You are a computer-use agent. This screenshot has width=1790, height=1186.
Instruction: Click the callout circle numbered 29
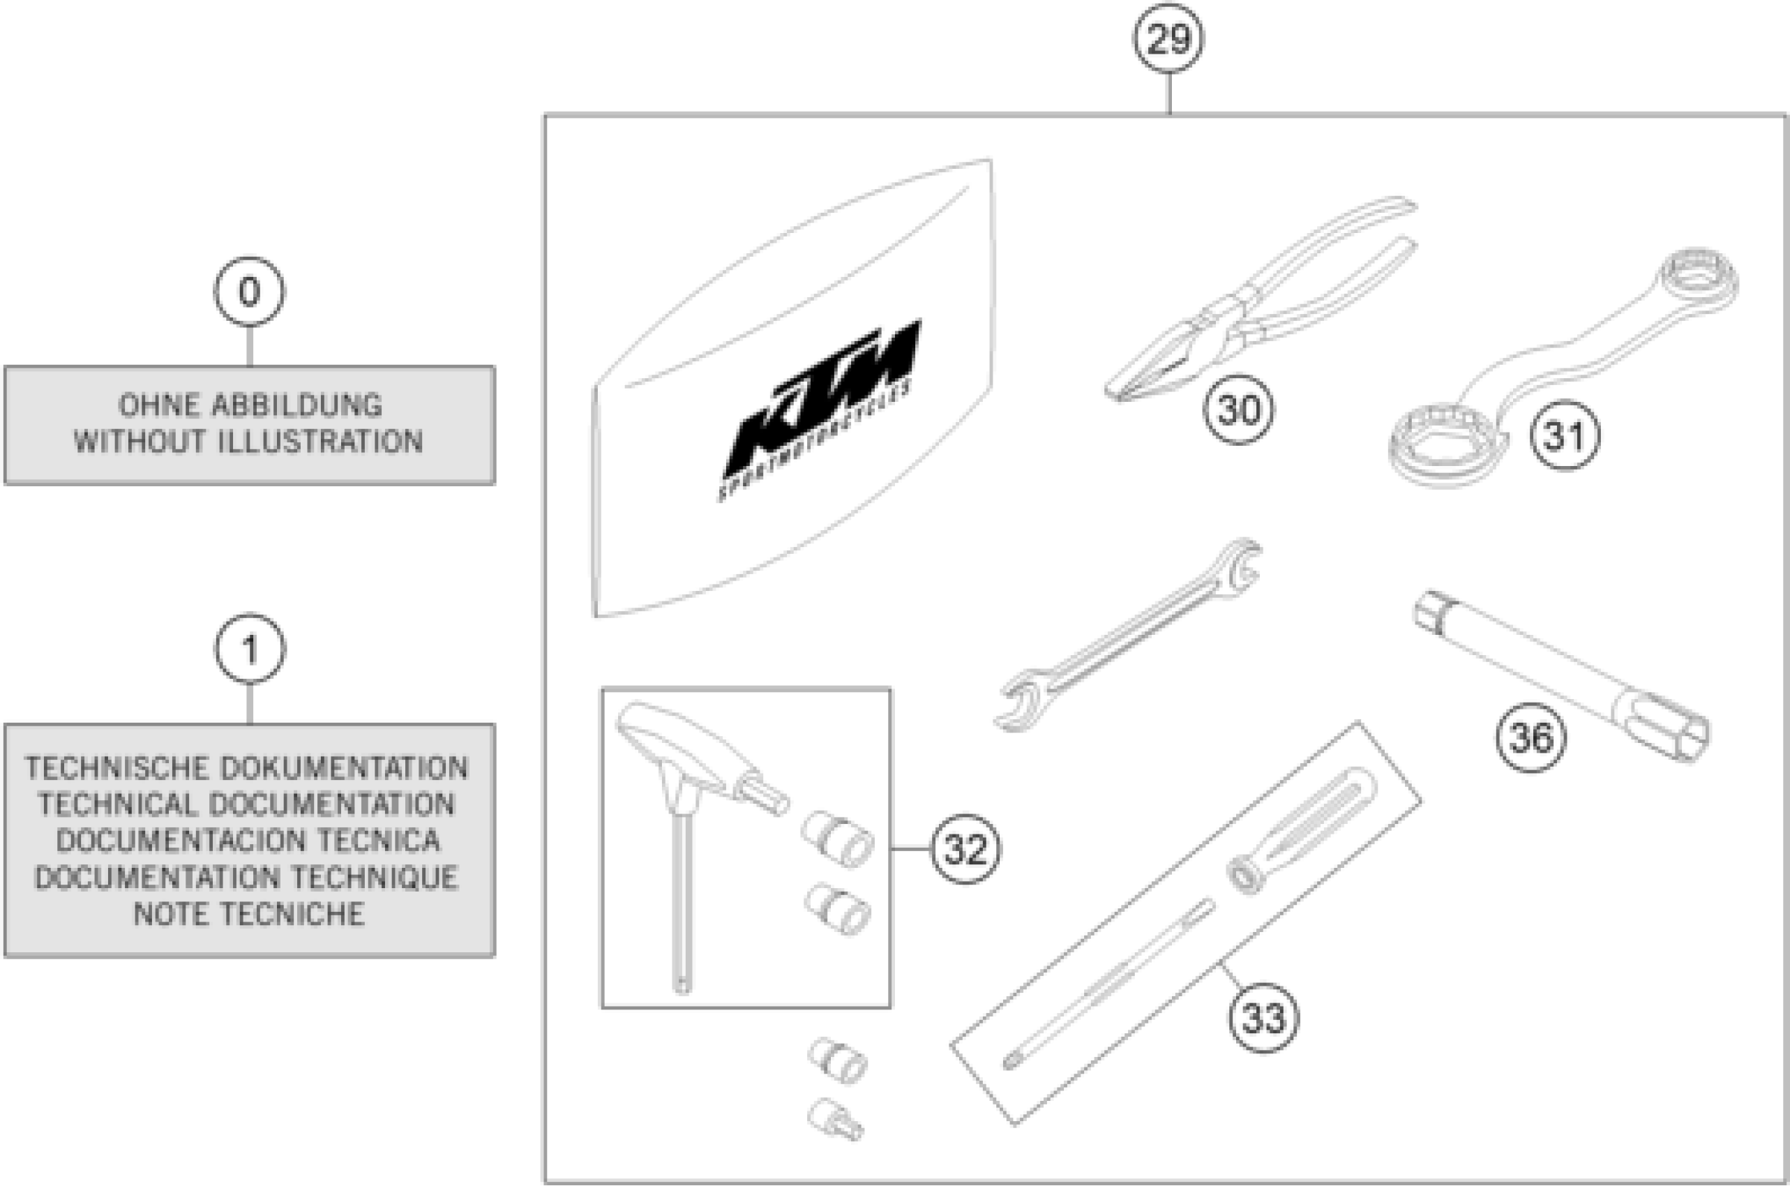click(x=1168, y=39)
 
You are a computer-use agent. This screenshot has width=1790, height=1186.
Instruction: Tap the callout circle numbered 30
click(x=1239, y=410)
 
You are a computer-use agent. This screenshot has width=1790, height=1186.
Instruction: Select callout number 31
click(x=1565, y=435)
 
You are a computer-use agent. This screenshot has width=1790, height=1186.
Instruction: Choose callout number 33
click(x=1263, y=1018)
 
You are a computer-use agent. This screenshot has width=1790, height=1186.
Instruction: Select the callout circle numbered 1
click(x=250, y=649)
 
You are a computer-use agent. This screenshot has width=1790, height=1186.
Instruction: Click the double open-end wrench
click(x=1127, y=636)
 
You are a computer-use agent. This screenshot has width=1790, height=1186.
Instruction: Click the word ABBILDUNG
click(x=296, y=406)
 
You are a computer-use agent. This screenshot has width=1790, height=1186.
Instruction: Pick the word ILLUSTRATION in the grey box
click(x=320, y=442)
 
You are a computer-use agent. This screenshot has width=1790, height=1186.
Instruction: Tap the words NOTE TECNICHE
click(x=249, y=915)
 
